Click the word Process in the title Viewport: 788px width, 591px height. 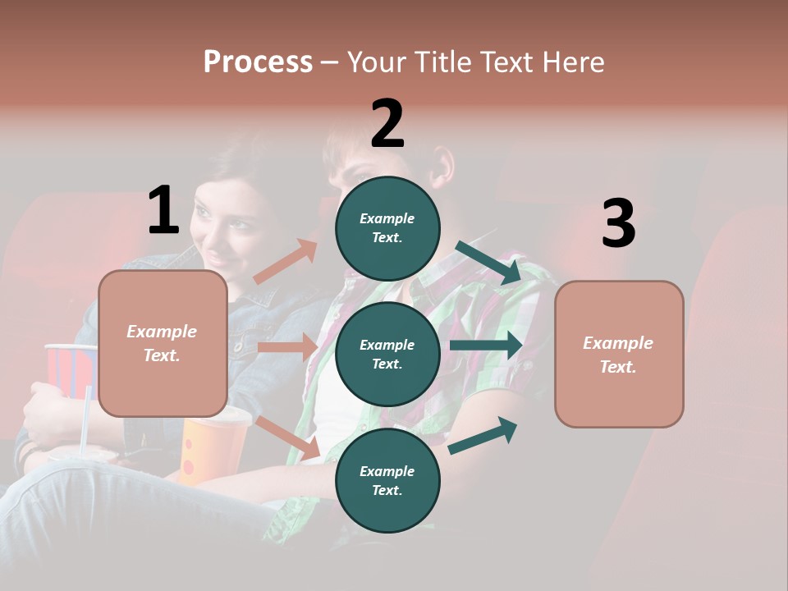click(258, 62)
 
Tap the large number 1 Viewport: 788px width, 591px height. click(163, 210)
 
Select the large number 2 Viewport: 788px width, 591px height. click(387, 124)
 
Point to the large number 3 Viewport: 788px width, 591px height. click(618, 224)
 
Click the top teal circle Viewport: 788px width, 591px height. click(387, 228)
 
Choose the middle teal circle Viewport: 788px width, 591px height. click(387, 354)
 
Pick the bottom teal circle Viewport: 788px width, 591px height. click(387, 480)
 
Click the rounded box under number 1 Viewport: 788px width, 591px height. click(163, 343)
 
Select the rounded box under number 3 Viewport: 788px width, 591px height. click(619, 354)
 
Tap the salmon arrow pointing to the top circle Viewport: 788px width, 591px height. click(286, 262)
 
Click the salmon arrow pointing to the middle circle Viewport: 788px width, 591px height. click(288, 347)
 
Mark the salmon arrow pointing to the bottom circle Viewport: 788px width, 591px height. click(288, 438)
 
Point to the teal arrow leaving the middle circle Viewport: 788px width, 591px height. click(487, 346)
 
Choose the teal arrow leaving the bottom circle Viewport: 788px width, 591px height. click(483, 436)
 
